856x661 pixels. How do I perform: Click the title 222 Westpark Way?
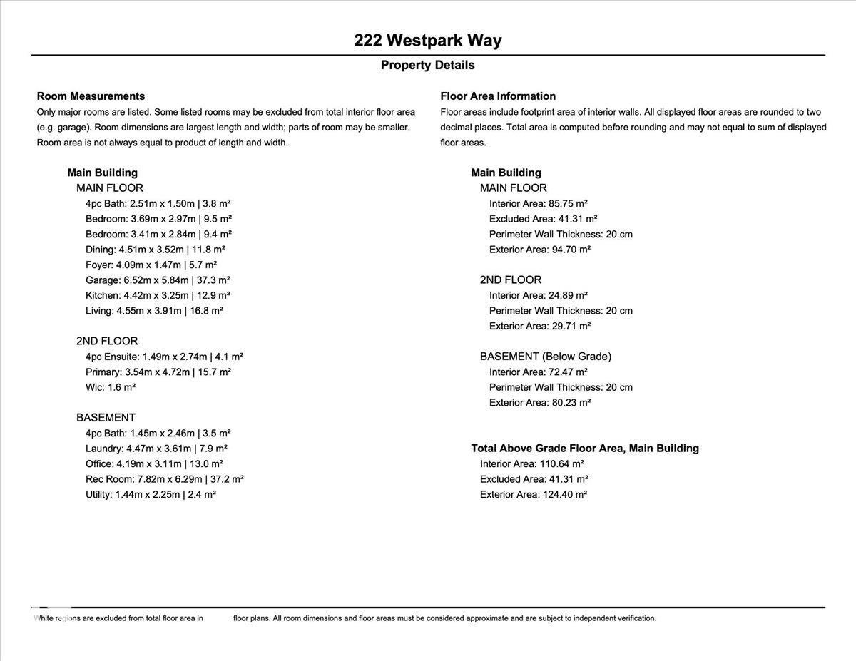tap(427, 40)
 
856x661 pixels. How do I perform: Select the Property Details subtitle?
tap(427, 65)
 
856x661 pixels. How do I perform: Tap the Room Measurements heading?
tap(91, 96)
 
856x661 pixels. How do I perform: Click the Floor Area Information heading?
tap(498, 96)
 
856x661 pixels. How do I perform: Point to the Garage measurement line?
tap(158, 280)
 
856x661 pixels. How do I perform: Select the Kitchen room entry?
tap(158, 295)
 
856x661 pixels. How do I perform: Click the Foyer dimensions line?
tap(151, 265)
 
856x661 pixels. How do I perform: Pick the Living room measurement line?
tap(154, 311)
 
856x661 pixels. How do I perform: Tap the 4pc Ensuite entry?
tap(164, 357)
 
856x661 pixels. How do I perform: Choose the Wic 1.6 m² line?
tap(111, 387)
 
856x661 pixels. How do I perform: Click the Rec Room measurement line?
tap(165, 479)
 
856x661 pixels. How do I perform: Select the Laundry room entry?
tap(156, 449)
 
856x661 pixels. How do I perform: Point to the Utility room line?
tap(151, 494)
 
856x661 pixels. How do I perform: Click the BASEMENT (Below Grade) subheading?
tap(546, 357)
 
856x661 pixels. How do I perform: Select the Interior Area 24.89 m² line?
tap(539, 295)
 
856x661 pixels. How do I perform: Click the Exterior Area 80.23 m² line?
tap(540, 403)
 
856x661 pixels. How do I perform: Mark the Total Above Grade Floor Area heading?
tap(585, 449)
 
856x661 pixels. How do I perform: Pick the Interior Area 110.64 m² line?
tap(532, 463)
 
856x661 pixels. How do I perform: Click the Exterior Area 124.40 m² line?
tap(534, 494)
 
